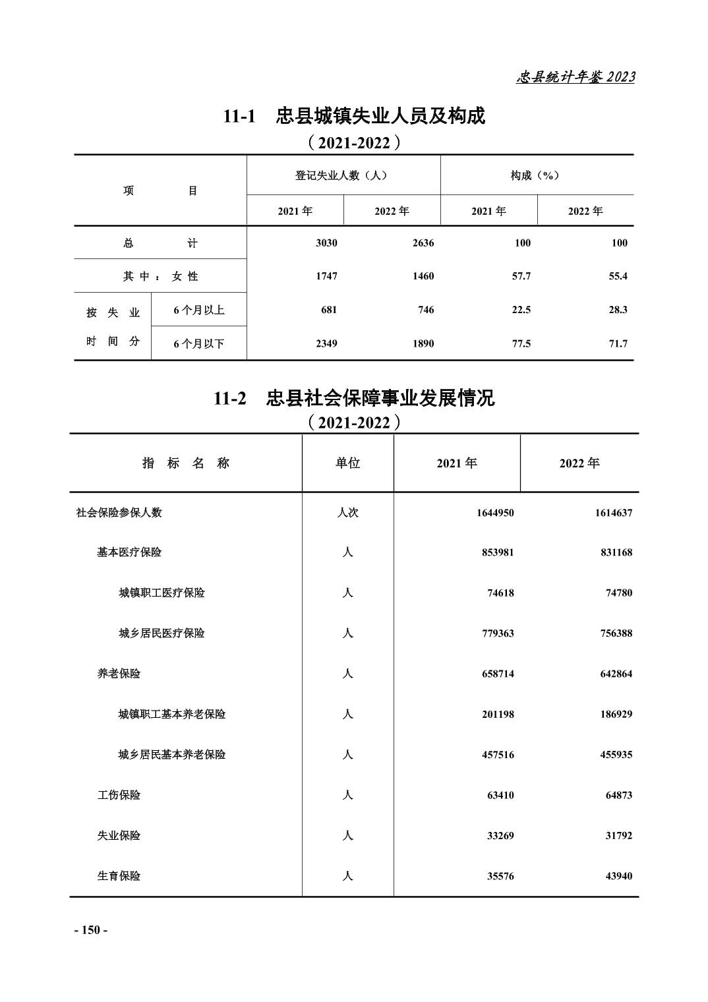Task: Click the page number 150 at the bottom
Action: (90, 930)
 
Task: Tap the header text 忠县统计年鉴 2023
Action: (575, 77)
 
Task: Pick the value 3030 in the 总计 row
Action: (326, 243)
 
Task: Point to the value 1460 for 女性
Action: (423, 276)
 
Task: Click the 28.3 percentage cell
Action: (618, 310)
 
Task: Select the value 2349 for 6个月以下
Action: (326, 343)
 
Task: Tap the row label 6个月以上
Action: (199, 310)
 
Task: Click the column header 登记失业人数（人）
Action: (341, 175)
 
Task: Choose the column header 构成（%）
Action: (535, 175)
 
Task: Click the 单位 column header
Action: (347, 463)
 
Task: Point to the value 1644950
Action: (495, 513)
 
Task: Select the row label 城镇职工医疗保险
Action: (162, 593)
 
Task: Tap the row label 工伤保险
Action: (119, 795)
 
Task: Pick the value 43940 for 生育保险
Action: (619, 876)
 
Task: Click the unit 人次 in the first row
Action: (347, 513)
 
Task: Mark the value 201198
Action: (498, 715)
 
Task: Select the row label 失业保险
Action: (119, 836)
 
